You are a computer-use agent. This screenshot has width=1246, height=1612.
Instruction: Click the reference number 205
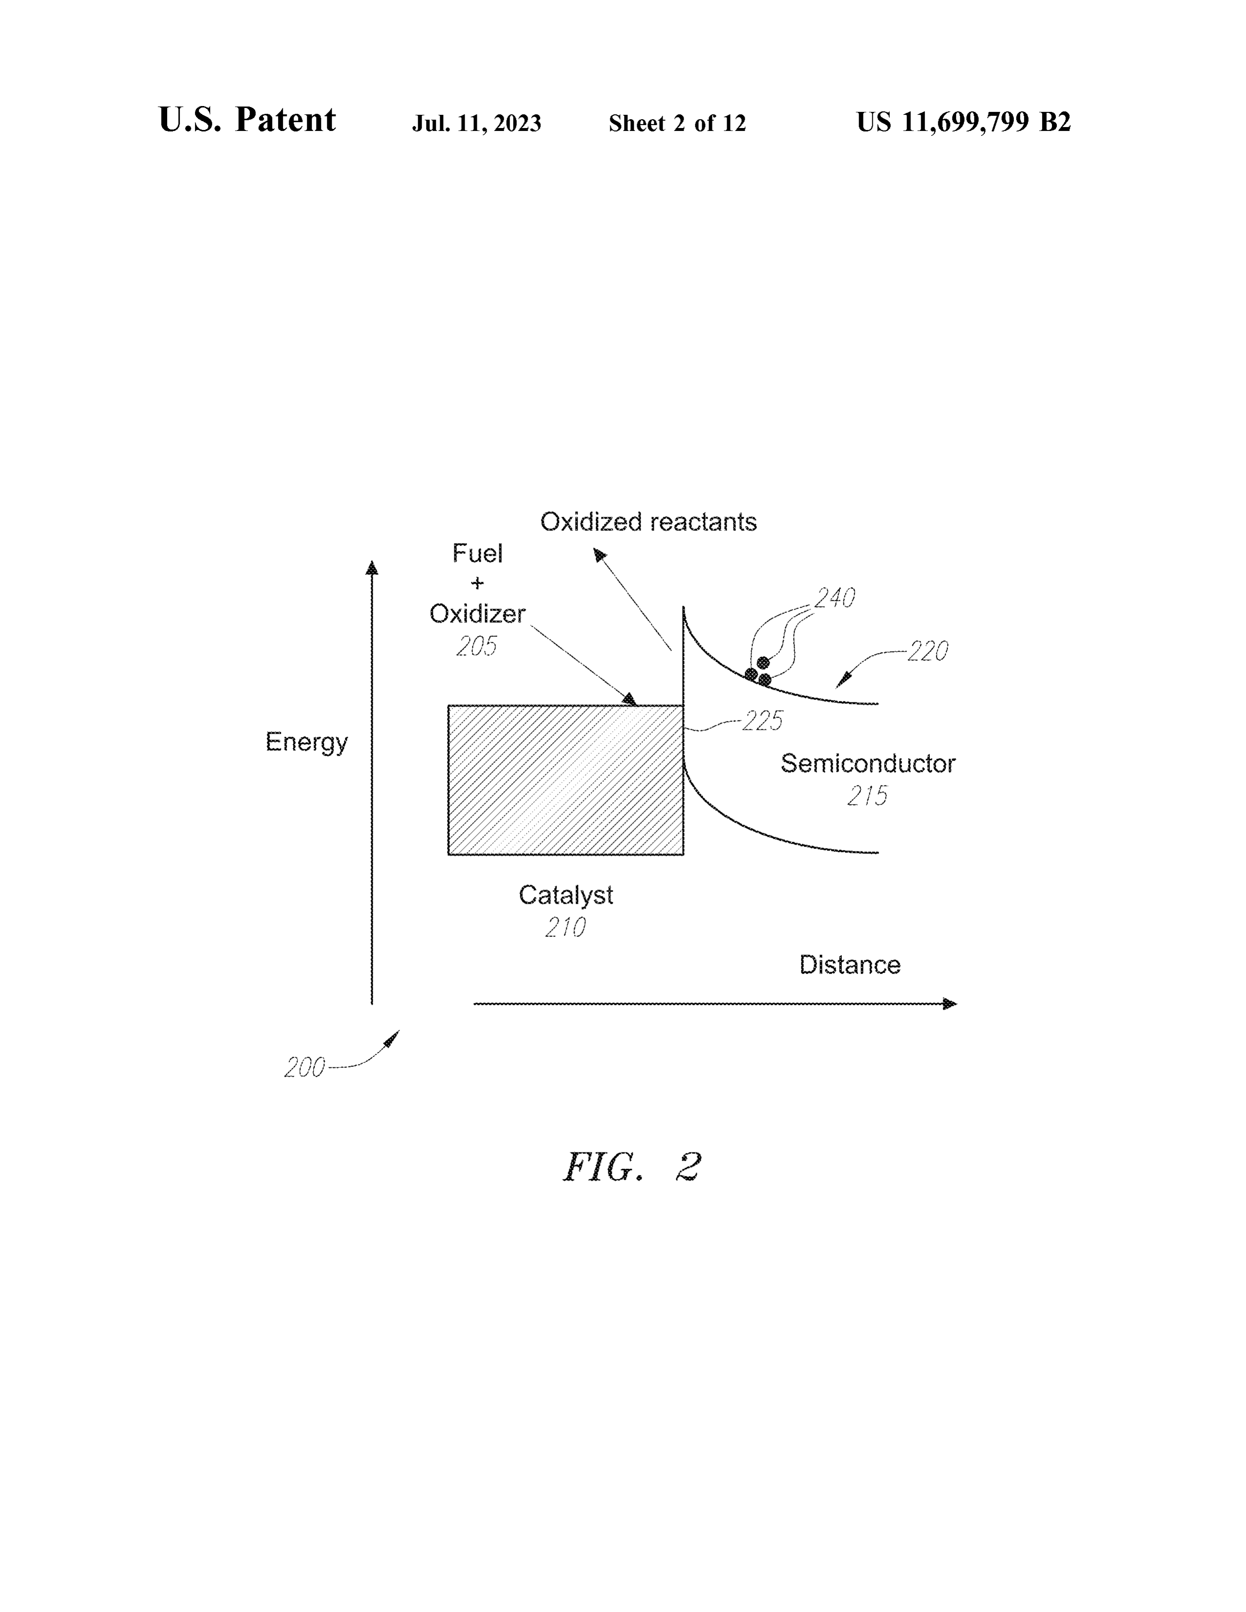tap(476, 647)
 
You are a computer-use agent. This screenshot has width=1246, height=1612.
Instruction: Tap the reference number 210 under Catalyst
tap(565, 927)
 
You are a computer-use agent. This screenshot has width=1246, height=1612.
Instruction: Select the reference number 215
tap(867, 796)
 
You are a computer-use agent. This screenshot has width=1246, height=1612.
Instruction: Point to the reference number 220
tap(928, 651)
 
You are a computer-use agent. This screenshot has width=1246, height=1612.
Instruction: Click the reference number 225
tap(763, 721)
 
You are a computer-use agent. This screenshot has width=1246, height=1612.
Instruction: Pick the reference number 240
tap(835, 597)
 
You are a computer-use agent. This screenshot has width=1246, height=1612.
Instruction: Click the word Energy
tap(306, 742)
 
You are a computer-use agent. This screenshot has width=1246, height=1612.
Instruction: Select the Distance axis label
tap(850, 965)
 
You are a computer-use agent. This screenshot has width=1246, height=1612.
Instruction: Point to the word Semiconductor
tap(868, 763)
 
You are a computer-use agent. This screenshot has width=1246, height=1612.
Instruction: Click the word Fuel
tap(477, 553)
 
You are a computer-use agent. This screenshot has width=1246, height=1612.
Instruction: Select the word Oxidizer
tap(477, 614)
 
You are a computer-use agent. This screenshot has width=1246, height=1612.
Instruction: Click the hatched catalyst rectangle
tap(565, 780)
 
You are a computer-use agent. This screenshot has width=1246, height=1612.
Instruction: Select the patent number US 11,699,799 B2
tap(963, 122)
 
